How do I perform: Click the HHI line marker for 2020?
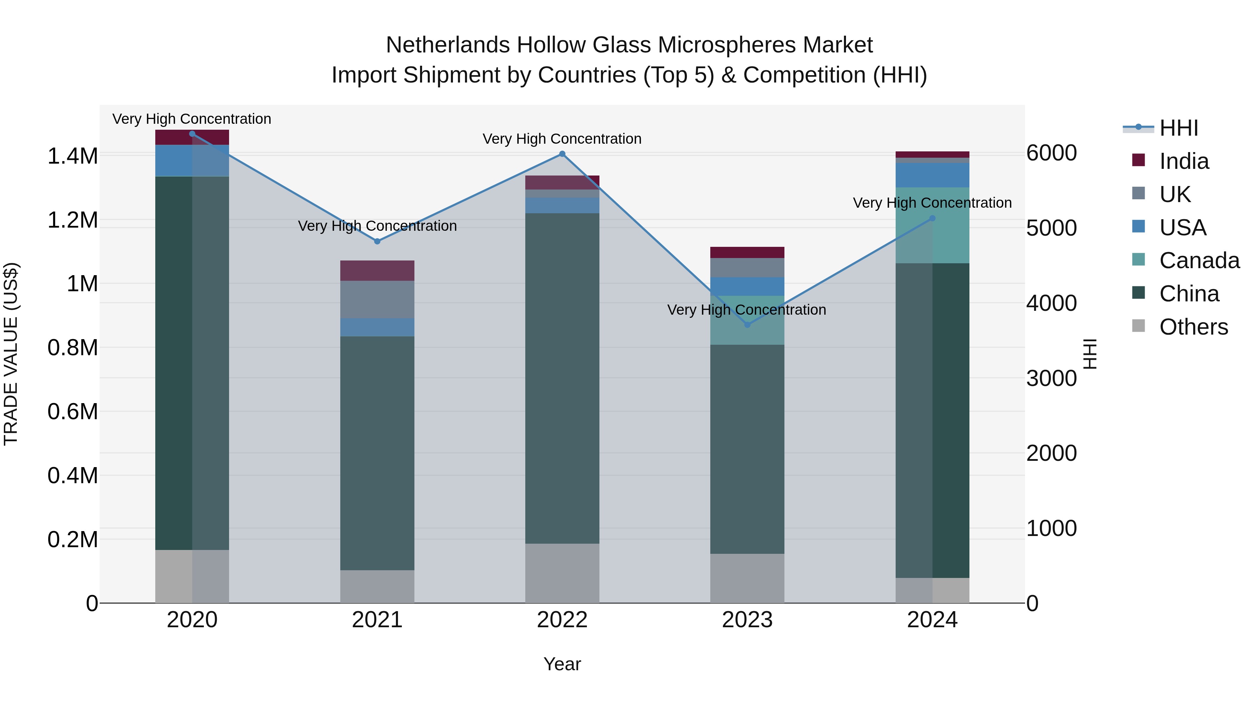192,134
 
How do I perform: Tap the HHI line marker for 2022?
562,154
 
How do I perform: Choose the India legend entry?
1184,161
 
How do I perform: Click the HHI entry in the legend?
1178,128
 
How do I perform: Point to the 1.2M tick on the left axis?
72,220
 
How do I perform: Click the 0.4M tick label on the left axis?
72,476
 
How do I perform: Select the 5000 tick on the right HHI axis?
1051,228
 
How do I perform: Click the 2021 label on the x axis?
377,620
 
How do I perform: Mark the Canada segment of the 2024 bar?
932,225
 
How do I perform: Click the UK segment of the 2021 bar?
377,300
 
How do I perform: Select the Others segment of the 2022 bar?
562,573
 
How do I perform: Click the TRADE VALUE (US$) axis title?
11,354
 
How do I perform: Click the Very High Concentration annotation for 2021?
377,226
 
